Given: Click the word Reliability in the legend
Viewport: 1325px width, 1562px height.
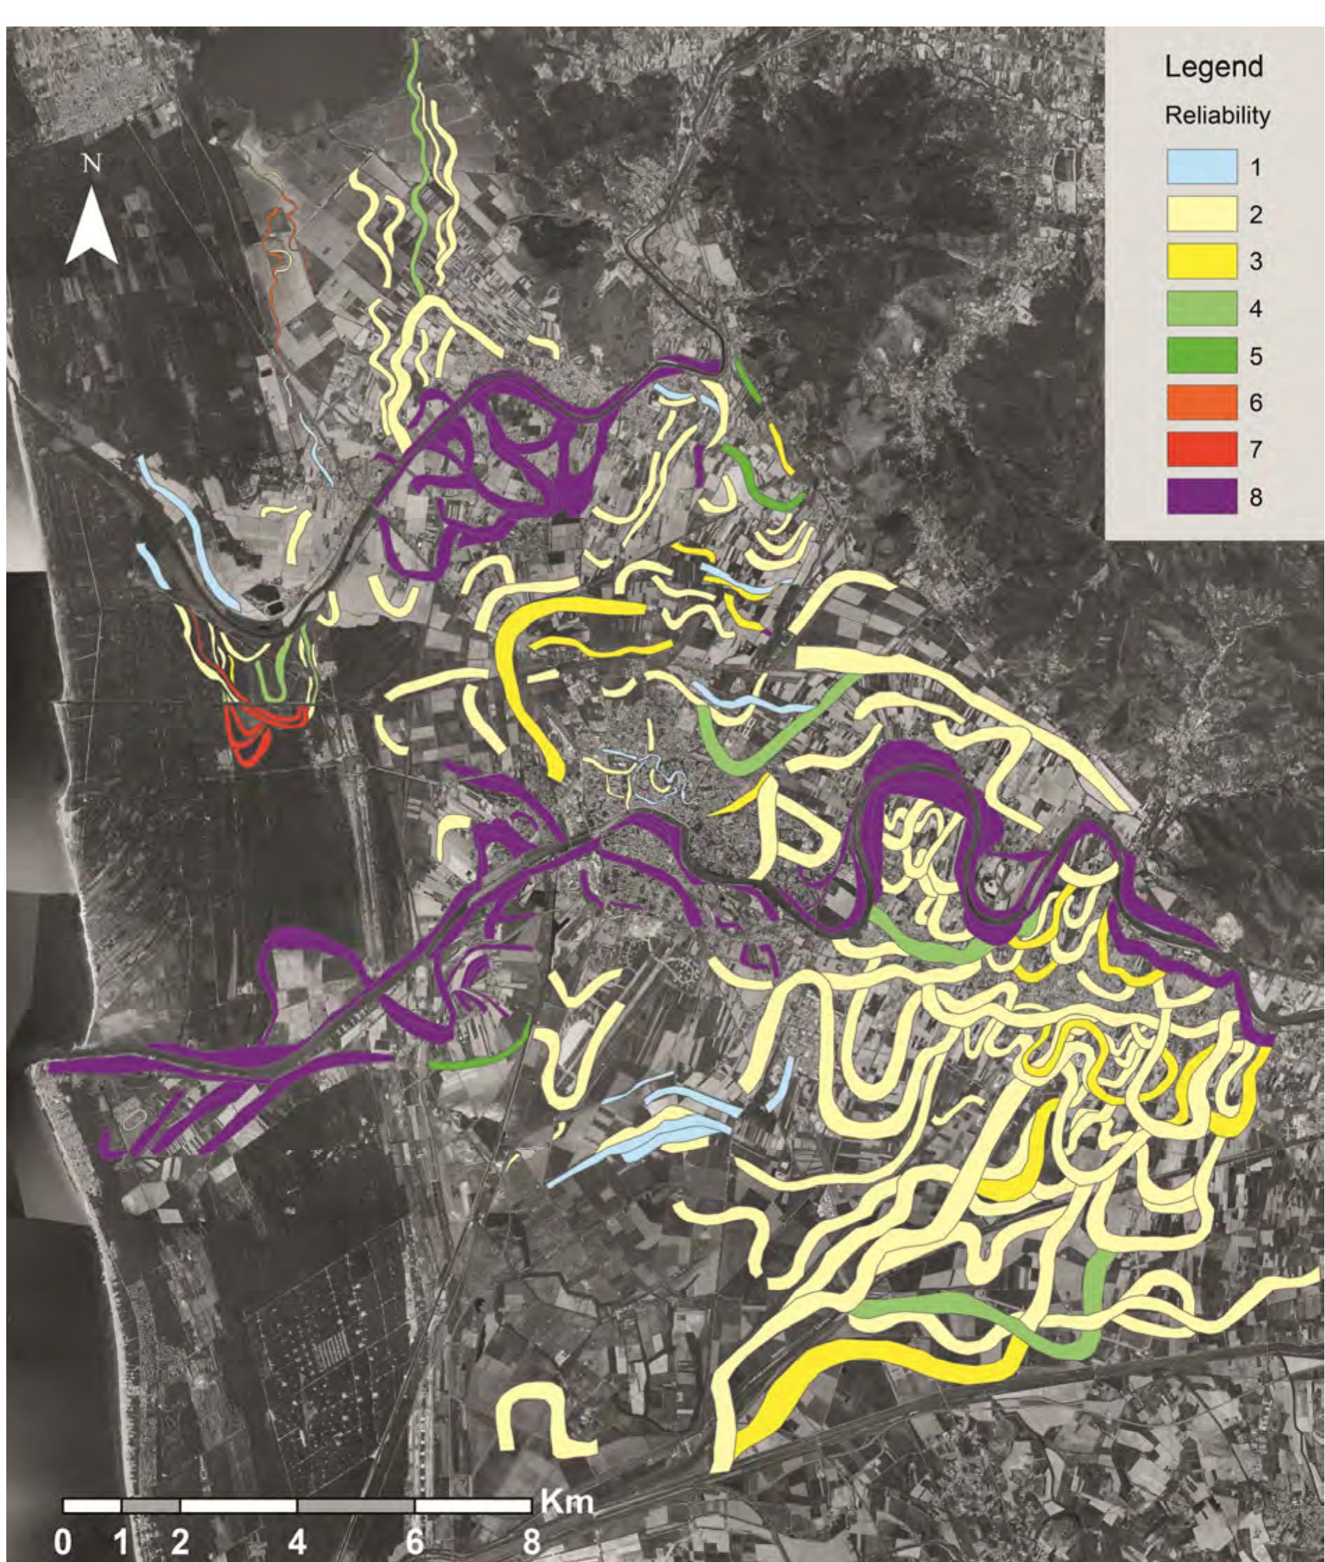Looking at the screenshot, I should click(x=1217, y=116).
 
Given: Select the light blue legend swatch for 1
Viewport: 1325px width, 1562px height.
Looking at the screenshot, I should click(x=1201, y=167).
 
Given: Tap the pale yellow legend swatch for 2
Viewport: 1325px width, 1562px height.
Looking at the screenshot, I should click(x=1201, y=214).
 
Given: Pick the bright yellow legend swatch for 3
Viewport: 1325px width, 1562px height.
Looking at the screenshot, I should click(x=1201, y=261).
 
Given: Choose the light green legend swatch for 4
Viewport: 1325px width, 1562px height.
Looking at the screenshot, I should click(x=1201, y=309).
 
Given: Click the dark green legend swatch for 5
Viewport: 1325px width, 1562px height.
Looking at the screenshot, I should click(x=1201, y=356).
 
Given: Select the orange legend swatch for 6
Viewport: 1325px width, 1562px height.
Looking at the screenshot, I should click(x=1201, y=402).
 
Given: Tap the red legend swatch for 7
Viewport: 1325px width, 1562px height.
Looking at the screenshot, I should click(x=1201, y=450).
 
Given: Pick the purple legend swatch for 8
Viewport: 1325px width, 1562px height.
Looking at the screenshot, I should click(x=1201, y=497).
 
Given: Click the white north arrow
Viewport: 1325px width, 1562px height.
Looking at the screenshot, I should click(x=91, y=229).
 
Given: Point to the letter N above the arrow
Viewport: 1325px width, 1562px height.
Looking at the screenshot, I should click(x=91, y=164).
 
